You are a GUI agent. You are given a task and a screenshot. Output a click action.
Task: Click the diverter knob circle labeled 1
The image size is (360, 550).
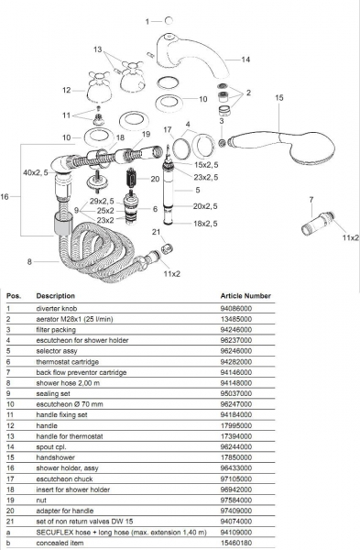[x=169, y=21]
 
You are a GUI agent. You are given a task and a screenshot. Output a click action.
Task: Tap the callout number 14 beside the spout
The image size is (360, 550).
[x=245, y=60]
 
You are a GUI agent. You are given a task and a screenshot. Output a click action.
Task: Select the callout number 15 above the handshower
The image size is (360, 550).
[x=278, y=97]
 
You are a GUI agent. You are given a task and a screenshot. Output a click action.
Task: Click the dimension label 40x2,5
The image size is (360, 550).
[x=36, y=172]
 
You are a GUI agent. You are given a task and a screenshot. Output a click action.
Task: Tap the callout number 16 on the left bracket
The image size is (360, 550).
[x=5, y=196]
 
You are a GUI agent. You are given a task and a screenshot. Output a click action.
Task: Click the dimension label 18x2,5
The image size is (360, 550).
[x=205, y=224]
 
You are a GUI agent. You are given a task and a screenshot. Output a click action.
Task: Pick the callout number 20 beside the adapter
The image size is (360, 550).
[x=155, y=179]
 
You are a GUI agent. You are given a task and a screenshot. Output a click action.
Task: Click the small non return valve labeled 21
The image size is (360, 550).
[x=168, y=248]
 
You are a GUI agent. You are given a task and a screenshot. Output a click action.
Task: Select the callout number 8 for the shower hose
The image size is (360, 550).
[x=29, y=261]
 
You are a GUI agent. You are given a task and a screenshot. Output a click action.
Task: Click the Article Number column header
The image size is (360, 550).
[x=245, y=296]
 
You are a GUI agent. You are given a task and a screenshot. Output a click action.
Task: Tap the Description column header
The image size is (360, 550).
[x=55, y=296]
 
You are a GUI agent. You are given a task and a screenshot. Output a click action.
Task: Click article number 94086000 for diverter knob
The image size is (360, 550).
[x=236, y=309]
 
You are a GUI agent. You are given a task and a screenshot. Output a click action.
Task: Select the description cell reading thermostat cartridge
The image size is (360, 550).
[x=67, y=362]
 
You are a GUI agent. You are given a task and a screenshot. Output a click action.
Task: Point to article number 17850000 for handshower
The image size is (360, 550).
[x=236, y=457]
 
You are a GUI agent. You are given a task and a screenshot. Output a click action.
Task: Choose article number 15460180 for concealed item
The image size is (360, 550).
[x=236, y=543]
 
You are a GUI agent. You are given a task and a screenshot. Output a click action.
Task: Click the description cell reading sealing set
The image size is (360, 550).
[x=53, y=393]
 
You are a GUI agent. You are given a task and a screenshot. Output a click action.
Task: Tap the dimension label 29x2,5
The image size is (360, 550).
[x=102, y=202]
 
